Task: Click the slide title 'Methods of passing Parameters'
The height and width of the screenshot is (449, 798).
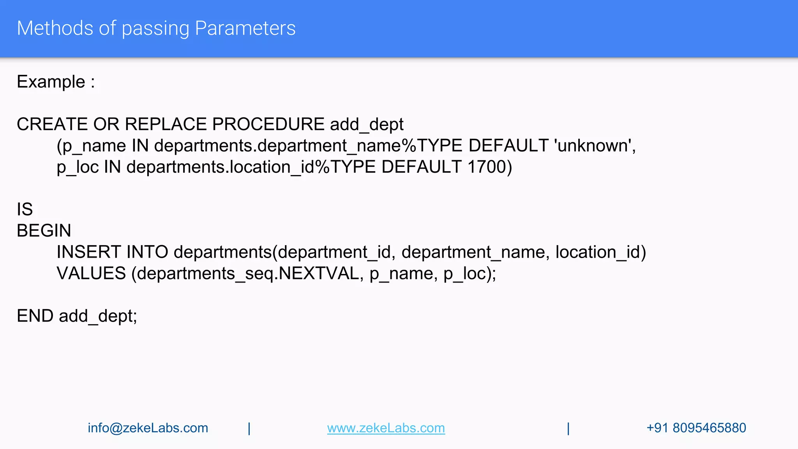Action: pyautogui.click(x=156, y=28)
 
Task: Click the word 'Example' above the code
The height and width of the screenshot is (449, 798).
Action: pyautogui.click(x=51, y=82)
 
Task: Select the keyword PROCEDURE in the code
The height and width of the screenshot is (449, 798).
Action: pyautogui.click(x=268, y=124)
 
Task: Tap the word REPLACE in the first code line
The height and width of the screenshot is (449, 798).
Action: pyautogui.click(x=166, y=124)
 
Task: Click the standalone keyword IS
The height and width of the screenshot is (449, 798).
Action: pyautogui.click(x=25, y=209)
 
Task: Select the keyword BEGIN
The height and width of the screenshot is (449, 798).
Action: pyautogui.click(x=44, y=231)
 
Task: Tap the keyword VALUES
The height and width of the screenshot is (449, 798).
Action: pyautogui.click(x=91, y=273)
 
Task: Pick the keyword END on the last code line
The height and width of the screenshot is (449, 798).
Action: pyautogui.click(x=35, y=316)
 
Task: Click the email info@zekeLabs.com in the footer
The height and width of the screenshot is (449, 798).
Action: pyautogui.click(x=148, y=428)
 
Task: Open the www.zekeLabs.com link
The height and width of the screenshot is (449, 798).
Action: pyautogui.click(x=386, y=428)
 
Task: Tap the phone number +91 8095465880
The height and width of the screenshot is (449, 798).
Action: pyautogui.click(x=696, y=428)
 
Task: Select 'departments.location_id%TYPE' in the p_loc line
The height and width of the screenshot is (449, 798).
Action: pyautogui.click(x=251, y=167)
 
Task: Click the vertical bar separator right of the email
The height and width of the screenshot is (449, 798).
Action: pyautogui.click(x=249, y=428)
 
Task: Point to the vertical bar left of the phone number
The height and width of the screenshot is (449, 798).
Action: pyautogui.click(x=568, y=428)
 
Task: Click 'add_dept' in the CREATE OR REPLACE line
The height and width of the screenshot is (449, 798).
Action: pyautogui.click(x=366, y=124)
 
